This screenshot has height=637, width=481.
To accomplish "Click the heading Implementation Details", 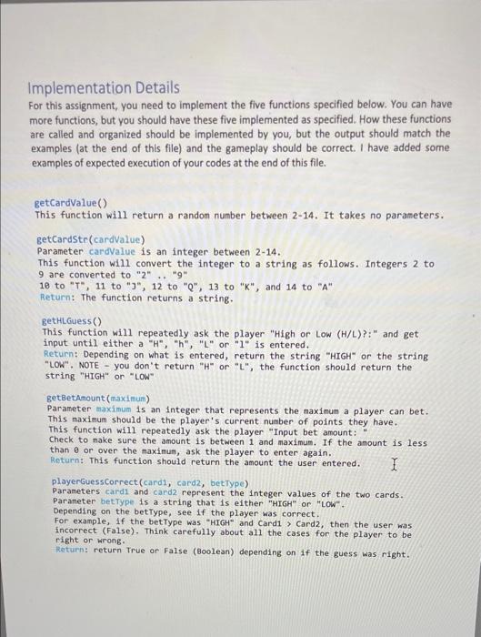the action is (x=105, y=88).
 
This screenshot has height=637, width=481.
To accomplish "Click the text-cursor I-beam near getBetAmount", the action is (x=394, y=464).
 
